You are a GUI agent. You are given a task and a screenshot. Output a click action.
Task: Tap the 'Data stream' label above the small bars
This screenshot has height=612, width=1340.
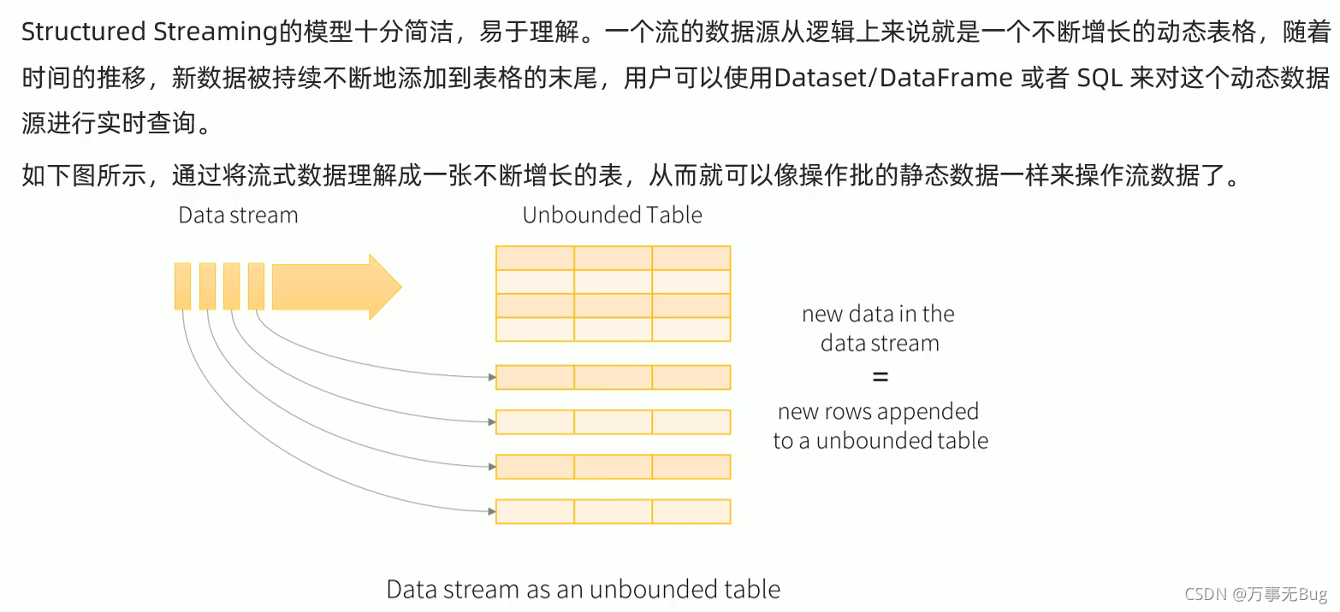point(238,215)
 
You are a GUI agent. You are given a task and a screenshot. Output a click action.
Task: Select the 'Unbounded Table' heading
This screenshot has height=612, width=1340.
point(612,215)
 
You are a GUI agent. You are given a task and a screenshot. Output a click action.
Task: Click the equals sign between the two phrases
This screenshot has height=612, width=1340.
point(880,377)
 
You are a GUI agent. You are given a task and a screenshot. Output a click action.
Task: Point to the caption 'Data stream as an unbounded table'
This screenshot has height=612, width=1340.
point(584,589)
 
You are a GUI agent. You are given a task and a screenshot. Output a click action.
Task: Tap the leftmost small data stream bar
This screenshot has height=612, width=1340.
point(182,286)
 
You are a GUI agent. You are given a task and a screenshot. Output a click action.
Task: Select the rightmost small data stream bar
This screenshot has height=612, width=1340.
point(256,286)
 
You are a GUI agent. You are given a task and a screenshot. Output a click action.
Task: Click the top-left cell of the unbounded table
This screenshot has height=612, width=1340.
point(535,258)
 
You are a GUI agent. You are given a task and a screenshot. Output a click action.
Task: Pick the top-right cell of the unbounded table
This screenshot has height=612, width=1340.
point(691,258)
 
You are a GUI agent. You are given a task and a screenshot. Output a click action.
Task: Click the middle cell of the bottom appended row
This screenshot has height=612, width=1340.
point(613,511)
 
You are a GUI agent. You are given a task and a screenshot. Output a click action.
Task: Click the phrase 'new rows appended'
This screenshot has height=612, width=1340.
point(878,411)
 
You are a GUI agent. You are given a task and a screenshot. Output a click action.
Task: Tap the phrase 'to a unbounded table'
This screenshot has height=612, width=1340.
point(880,440)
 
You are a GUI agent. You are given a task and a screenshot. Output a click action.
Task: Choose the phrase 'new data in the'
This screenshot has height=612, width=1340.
point(878,314)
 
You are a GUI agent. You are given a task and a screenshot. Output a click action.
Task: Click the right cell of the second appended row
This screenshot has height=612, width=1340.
point(691,421)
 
